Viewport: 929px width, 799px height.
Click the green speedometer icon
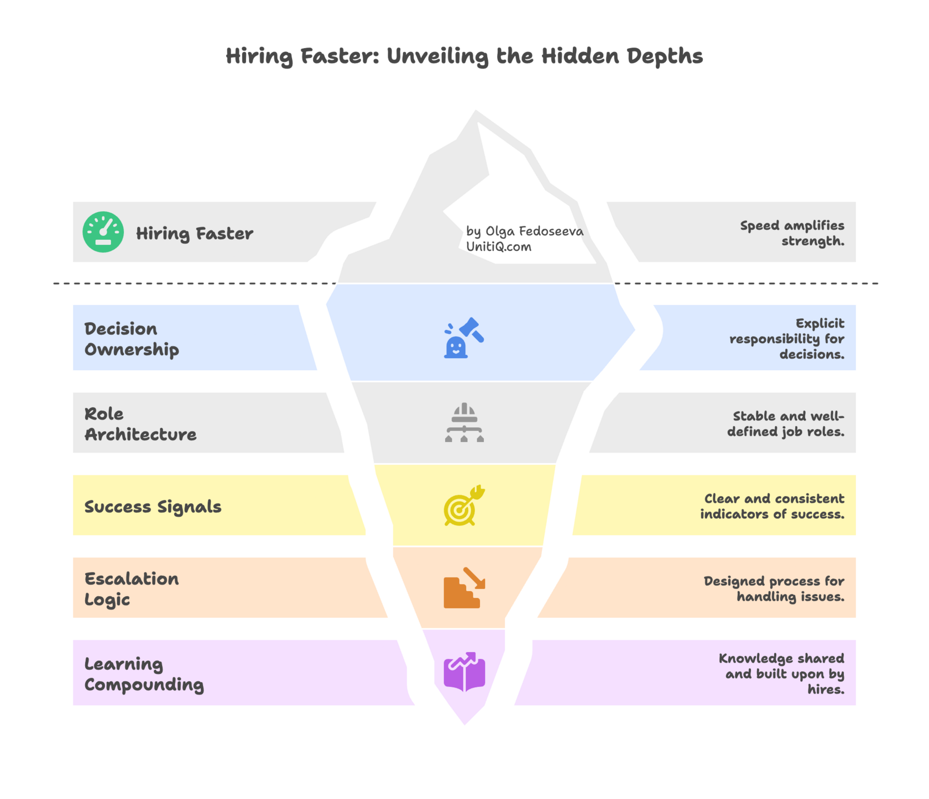coord(103,232)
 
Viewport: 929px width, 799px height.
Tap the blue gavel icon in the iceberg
coord(464,338)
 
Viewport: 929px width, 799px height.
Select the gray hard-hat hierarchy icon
coord(464,423)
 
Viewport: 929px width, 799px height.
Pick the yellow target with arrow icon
coord(464,506)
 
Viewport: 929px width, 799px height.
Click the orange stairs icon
coord(464,588)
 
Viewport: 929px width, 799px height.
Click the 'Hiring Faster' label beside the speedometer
coord(195,234)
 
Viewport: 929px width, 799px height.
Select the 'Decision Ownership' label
coord(132,339)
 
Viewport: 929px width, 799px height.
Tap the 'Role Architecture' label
coord(140,424)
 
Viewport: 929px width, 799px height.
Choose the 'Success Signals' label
coord(153,507)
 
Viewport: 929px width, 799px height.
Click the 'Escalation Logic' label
coord(132,589)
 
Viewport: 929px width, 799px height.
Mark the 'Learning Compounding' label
coord(144,674)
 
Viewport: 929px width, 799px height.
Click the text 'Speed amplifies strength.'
coord(792,233)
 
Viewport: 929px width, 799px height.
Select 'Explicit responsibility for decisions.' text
coord(787,339)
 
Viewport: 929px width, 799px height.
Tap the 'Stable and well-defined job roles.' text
coord(786,424)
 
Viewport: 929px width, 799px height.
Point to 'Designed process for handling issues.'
coord(774,588)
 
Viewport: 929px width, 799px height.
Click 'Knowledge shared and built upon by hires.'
coord(782,674)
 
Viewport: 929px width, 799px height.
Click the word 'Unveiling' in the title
coord(437,56)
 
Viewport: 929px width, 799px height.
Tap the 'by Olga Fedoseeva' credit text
coord(524,231)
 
